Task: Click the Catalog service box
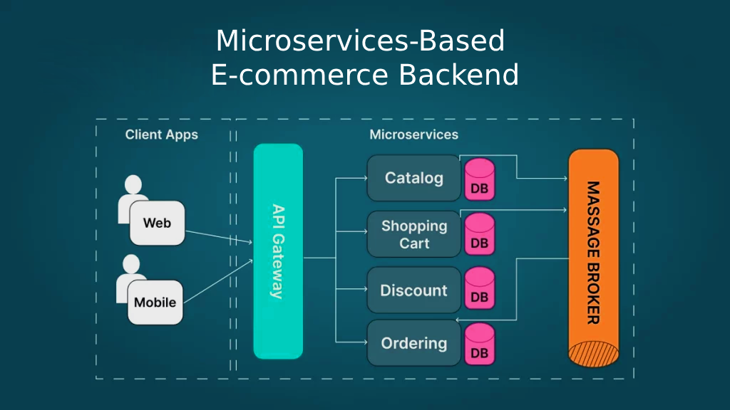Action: point(413,178)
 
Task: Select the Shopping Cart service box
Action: point(413,234)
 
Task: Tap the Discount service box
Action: point(413,290)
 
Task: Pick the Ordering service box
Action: point(413,343)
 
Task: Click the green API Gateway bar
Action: point(278,251)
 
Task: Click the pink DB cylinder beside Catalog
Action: point(480,180)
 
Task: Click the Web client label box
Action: point(157,223)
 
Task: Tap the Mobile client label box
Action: point(155,302)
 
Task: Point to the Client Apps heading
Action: point(162,135)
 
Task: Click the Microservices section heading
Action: point(413,135)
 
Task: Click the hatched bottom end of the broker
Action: point(593,354)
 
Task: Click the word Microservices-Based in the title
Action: point(360,41)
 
